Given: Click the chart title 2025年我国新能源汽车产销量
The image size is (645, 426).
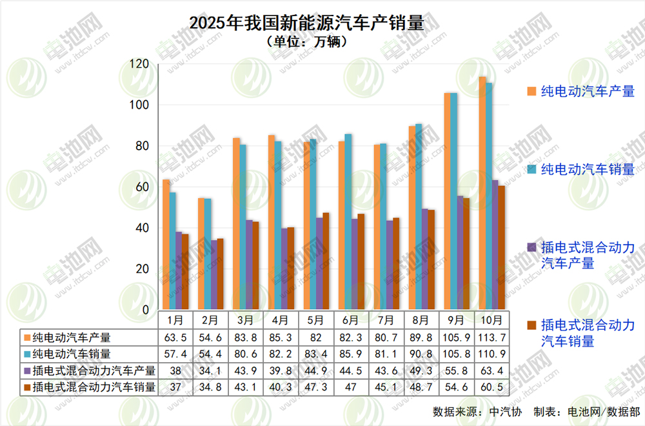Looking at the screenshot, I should (x=307, y=23).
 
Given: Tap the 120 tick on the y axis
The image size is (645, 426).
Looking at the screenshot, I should (x=139, y=64).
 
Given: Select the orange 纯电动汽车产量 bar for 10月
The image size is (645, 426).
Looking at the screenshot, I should (x=482, y=194).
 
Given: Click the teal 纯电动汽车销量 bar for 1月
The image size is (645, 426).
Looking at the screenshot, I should (x=173, y=252).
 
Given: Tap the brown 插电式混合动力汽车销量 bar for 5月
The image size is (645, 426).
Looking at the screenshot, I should (x=326, y=261).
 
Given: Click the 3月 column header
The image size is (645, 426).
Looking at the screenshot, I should (x=246, y=320).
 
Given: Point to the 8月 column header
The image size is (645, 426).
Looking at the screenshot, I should (x=420, y=320).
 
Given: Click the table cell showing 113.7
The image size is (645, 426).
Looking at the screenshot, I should (x=490, y=337).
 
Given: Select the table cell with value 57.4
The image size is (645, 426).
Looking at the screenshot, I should (x=175, y=354).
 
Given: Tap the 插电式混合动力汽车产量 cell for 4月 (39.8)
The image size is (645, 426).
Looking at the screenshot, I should (x=281, y=370).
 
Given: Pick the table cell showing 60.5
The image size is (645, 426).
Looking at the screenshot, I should (x=490, y=387).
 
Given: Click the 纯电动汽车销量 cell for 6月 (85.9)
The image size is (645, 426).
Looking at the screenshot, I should (x=350, y=354).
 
